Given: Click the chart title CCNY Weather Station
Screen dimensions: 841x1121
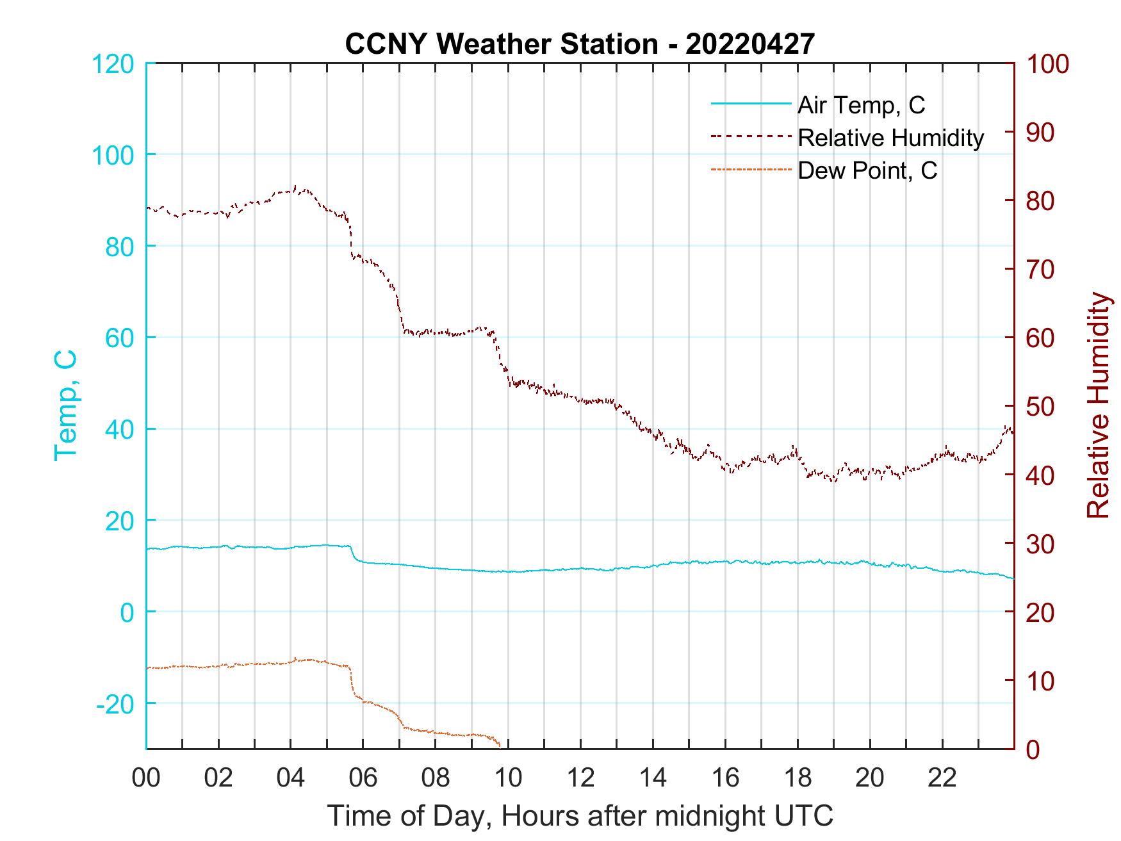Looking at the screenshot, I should pos(501,44).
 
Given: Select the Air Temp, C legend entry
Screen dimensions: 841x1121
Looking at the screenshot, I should pos(860,105).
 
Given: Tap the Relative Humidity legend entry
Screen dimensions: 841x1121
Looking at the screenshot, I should pos(890,138).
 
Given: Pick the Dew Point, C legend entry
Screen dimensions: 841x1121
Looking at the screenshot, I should pos(867,170).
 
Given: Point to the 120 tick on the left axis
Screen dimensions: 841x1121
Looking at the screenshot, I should pos(113,63).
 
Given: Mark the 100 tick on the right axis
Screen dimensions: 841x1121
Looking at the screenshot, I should pos(1047,63).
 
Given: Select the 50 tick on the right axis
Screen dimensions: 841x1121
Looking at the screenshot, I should pos(1041,406).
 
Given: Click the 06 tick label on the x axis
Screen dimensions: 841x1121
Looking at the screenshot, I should pos(363,778).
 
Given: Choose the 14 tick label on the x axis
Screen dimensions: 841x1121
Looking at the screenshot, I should pos(653,778).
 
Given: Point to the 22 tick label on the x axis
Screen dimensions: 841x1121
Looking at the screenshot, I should pos(942,778).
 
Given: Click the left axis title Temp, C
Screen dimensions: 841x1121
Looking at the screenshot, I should pos(66,405).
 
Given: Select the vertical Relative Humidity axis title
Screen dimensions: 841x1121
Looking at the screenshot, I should pos(1098,405).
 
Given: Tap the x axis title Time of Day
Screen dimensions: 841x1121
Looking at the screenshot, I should pos(580,817).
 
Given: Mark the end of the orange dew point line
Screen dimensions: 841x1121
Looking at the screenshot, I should pos(500,746).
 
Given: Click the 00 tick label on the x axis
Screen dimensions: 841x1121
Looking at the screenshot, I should pos(146,778).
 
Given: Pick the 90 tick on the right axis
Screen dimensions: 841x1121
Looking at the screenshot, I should pos(1041,133).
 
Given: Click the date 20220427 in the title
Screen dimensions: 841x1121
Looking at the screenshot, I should pos(750,44).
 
